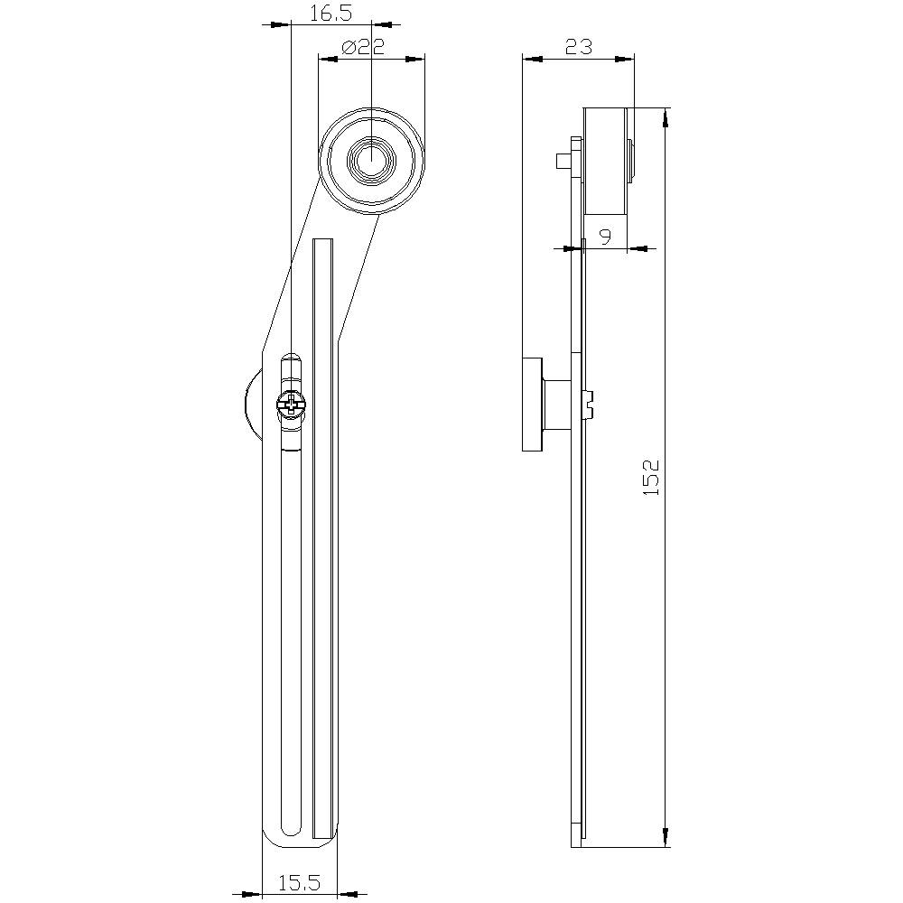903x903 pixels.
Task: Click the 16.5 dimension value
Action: (x=330, y=13)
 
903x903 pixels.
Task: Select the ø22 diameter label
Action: (x=365, y=47)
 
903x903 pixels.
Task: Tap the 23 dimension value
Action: (x=578, y=46)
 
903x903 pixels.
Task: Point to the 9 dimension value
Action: (x=605, y=237)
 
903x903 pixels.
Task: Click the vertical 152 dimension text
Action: (x=652, y=477)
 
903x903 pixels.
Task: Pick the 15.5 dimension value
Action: (x=299, y=882)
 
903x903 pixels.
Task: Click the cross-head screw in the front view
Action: (x=292, y=405)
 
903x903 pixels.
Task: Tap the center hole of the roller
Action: (x=370, y=160)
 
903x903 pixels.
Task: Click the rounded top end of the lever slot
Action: (x=291, y=358)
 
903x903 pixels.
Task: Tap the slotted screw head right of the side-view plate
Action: (x=590, y=403)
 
